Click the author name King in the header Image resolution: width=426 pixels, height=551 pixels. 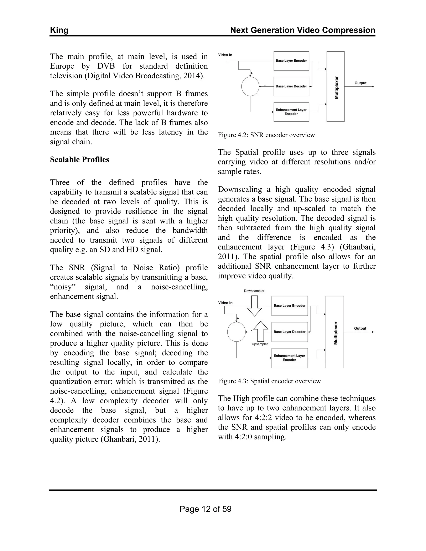coord(59,30)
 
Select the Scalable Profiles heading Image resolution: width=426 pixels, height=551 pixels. coord(79,159)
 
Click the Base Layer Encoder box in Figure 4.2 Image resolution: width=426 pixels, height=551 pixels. coord(291,61)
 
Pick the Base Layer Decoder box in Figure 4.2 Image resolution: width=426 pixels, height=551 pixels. coord(291,86)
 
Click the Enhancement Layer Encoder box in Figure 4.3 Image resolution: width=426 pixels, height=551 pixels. coord(290,358)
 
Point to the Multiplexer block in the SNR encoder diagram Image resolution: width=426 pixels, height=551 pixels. coord(335,86)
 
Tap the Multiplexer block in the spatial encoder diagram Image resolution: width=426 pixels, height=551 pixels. coord(335,332)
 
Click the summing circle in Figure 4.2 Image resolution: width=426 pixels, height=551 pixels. coord(250,86)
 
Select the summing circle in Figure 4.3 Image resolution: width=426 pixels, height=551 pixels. coord(237,332)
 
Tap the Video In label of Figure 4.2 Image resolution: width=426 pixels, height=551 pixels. coord(225,55)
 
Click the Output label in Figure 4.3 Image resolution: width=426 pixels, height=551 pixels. coord(360,328)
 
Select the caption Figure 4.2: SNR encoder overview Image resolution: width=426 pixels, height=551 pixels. coord(266,135)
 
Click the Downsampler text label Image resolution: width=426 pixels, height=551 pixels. coord(254,291)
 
